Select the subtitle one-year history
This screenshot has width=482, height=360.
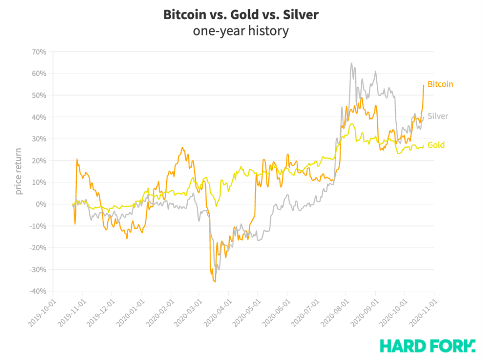coord(241,31)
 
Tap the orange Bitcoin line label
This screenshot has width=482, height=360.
coord(440,84)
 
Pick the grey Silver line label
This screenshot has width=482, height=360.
coord(438,116)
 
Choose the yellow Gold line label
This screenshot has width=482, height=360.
coord(436,145)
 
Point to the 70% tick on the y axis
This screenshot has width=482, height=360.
coord(39,52)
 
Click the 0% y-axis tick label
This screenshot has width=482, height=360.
coord(41,204)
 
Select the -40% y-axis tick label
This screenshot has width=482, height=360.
coord(37,291)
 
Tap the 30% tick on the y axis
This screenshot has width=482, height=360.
coord(39,139)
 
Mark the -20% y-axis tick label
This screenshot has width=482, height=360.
coord(37,248)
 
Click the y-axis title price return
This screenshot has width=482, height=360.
coord(19,171)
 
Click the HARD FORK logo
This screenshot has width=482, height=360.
coord(427,346)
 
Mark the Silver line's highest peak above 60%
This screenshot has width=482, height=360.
coord(351,63)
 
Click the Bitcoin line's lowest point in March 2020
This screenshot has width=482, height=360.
coord(215,281)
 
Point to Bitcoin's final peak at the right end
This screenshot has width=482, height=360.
coord(424,85)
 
